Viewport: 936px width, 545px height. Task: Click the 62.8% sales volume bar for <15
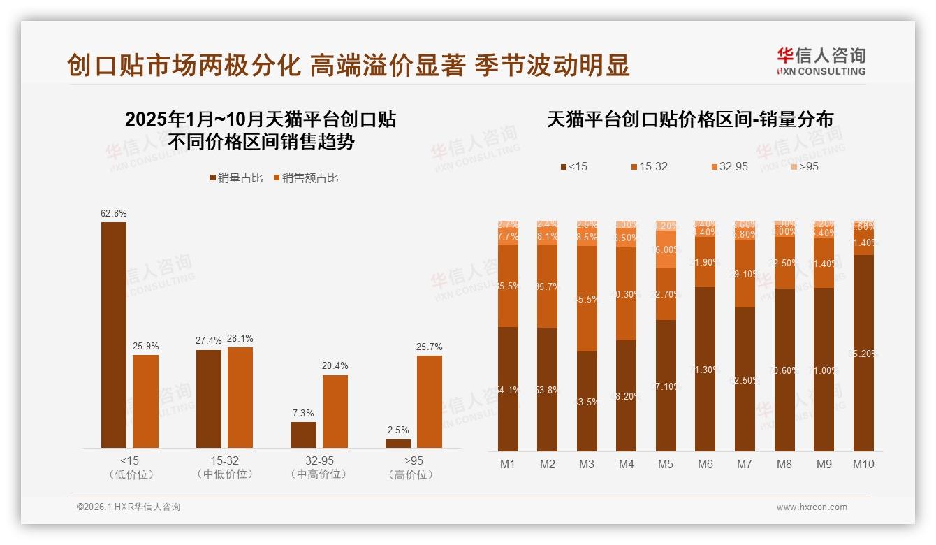pos(114,335)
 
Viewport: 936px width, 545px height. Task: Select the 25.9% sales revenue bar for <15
pos(145,401)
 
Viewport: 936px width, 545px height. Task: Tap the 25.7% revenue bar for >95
pos(430,402)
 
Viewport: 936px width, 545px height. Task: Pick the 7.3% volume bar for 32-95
pos(303,435)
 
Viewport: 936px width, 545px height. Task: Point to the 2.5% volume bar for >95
pos(398,443)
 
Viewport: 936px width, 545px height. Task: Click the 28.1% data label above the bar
pos(240,339)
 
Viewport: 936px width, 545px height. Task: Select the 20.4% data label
pos(335,366)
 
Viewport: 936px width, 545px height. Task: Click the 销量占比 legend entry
pos(236,178)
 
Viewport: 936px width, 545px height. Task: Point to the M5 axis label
pos(666,464)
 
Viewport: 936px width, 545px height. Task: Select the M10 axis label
pos(863,464)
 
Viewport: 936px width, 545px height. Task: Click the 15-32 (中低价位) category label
pos(225,467)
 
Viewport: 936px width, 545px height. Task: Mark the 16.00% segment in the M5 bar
pos(666,249)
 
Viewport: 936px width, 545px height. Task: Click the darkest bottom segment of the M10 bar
pos(863,353)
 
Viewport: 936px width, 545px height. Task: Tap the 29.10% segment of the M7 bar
pos(745,274)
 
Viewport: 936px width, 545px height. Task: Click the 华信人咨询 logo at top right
pos(821,61)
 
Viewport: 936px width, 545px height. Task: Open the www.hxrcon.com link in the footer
pos(812,507)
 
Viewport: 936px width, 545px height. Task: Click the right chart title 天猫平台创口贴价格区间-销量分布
pos(689,119)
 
